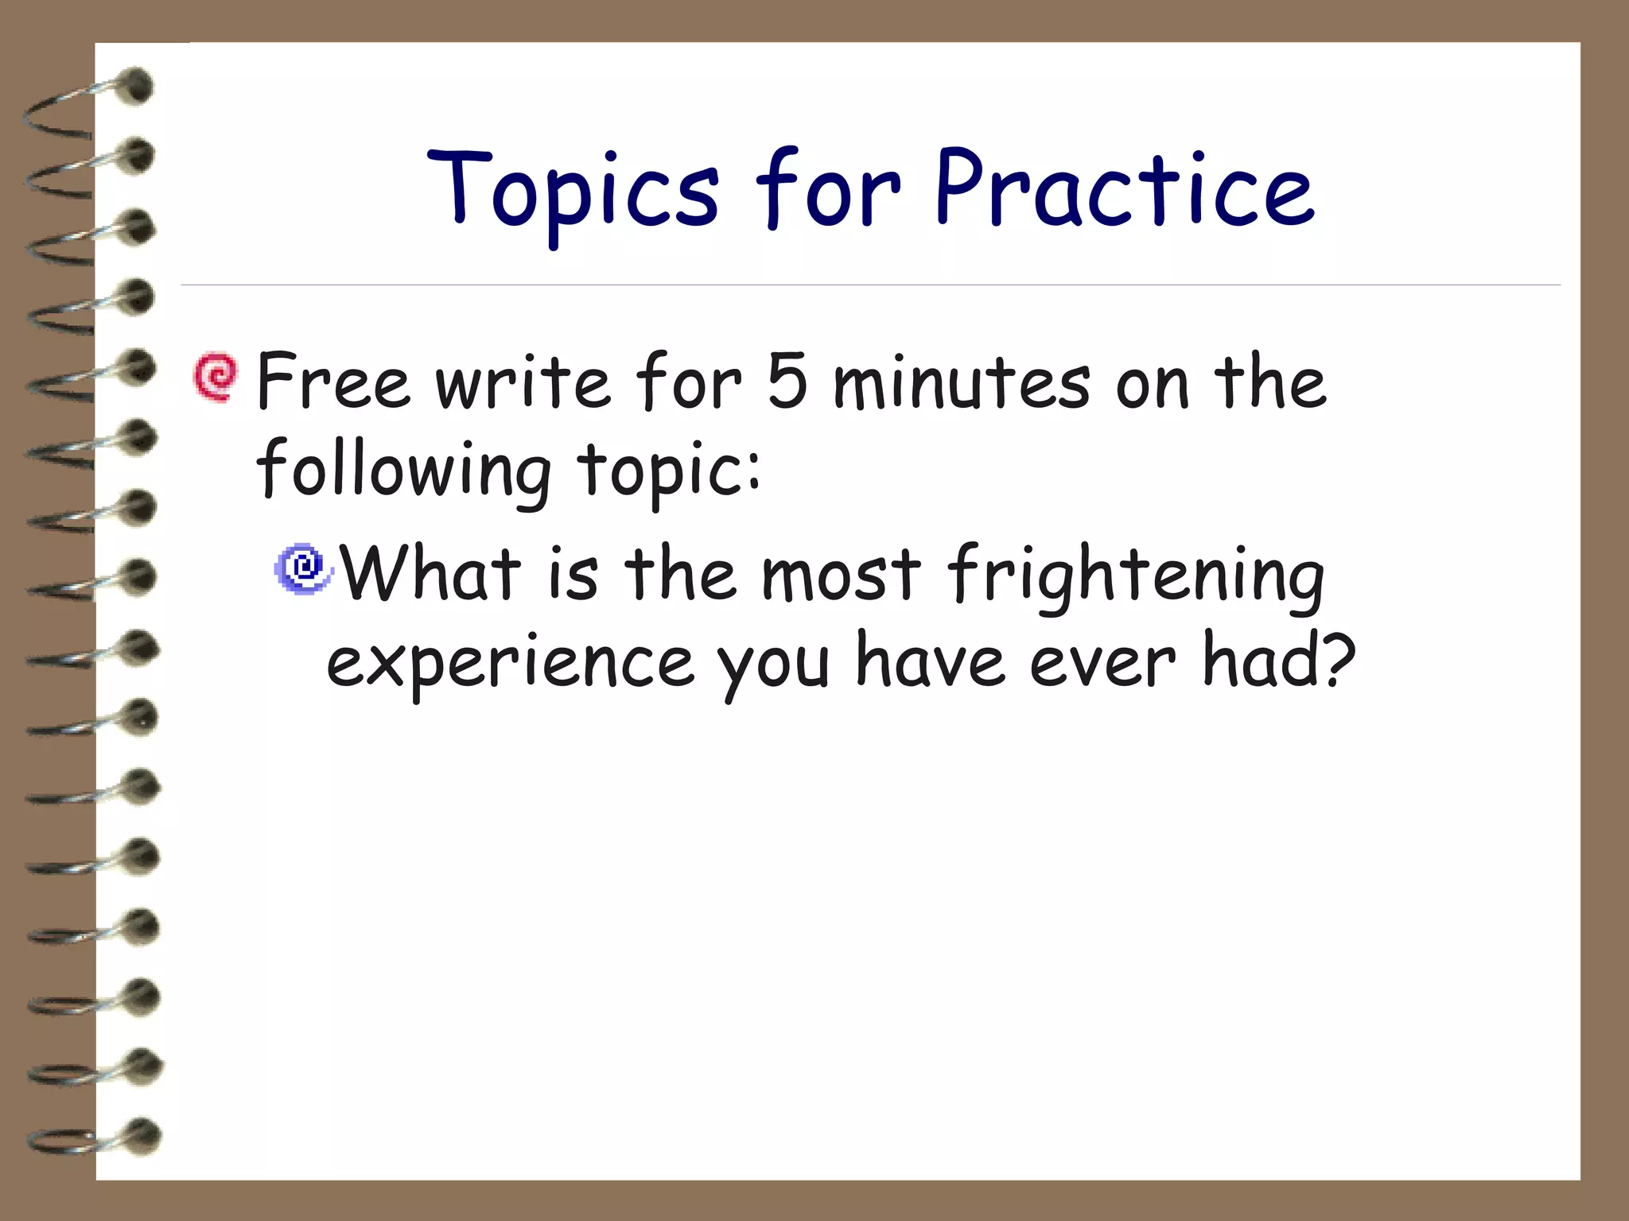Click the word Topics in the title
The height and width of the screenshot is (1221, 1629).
click(573, 191)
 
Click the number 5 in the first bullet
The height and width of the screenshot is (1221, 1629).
click(787, 382)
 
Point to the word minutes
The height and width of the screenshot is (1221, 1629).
click(962, 383)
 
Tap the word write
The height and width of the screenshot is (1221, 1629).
click(523, 383)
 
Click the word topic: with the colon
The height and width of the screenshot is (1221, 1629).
click(668, 472)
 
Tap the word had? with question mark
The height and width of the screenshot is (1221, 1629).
click(1277, 661)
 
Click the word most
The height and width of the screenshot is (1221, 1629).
click(841, 574)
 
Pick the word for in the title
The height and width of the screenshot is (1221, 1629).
click(827, 191)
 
